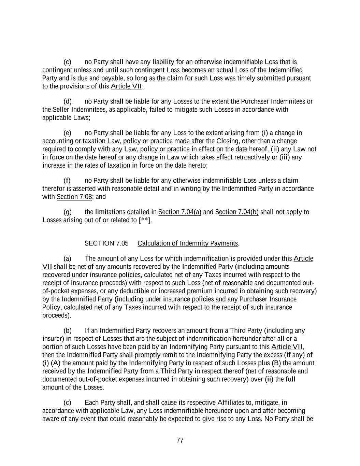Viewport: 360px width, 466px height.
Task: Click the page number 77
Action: [x=180, y=440]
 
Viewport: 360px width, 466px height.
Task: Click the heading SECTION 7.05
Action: [x=106, y=243]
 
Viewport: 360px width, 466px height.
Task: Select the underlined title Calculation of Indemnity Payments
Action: [x=188, y=243]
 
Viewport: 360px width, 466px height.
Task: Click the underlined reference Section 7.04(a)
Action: [x=180, y=212]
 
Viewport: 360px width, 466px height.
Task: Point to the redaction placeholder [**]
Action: [x=145, y=220]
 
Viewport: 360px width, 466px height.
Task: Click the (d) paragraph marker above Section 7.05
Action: [x=68, y=101]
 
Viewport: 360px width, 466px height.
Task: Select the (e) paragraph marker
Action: [x=68, y=133]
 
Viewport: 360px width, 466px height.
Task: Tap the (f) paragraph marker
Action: [x=67, y=180]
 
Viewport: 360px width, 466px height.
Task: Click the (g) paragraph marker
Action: [x=68, y=212]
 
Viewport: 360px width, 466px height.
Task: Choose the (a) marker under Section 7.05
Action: [x=68, y=258]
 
